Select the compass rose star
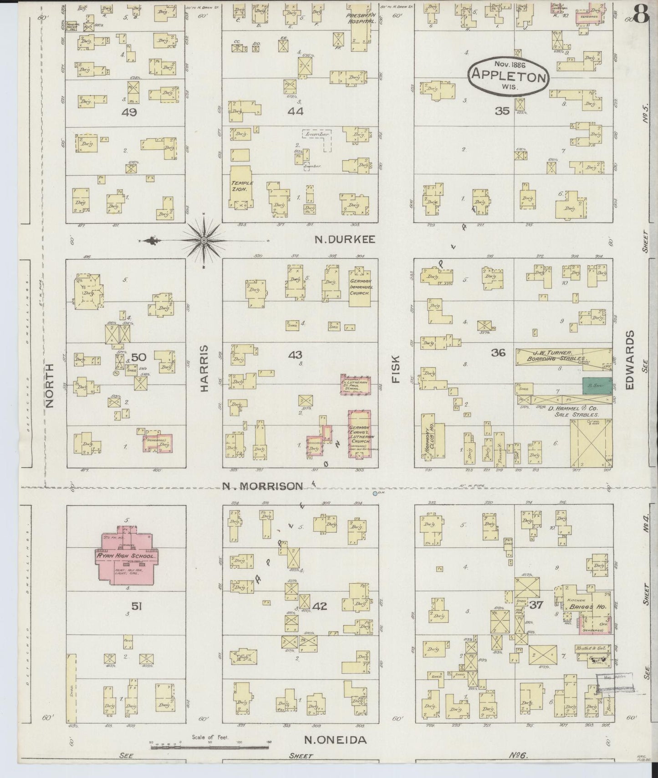(x=204, y=240)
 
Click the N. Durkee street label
(x=345, y=240)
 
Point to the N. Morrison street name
(x=262, y=486)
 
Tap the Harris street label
(x=204, y=368)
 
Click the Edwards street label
(x=630, y=359)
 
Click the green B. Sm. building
(x=597, y=385)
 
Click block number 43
(x=295, y=355)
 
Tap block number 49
(x=130, y=111)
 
